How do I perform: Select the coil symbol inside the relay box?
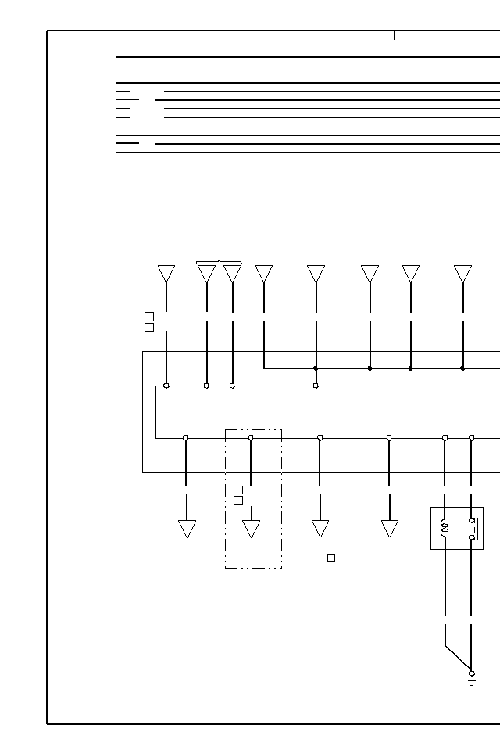pyautogui.click(x=445, y=527)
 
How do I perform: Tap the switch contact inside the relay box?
pyautogui.click(x=472, y=529)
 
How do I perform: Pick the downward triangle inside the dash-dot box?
pyautogui.click(x=251, y=529)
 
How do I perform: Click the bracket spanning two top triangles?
pyautogui.click(x=219, y=262)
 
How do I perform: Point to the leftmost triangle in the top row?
pyautogui.click(x=166, y=274)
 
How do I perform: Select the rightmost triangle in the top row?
pyautogui.click(x=462, y=274)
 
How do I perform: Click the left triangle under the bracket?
pyautogui.click(x=206, y=274)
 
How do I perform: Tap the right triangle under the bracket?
pyautogui.click(x=232, y=274)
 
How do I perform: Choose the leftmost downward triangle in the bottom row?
pyautogui.click(x=187, y=529)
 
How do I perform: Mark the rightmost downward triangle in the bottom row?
pyautogui.click(x=389, y=529)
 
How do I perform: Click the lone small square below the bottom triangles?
pyautogui.click(x=331, y=558)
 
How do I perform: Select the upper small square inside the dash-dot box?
pyautogui.click(x=238, y=490)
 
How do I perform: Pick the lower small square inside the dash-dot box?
pyautogui.click(x=238, y=501)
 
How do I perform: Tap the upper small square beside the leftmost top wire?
pyautogui.click(x=149, y=317)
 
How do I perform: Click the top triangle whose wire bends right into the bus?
pyautogui.click(x=264, y=274)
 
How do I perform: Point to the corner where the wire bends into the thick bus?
pyautogui.click(x=264, y=368)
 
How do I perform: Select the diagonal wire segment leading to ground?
pyautogui.click(x=458, y=659)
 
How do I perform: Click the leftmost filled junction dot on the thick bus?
pyautogui.click(x=316, y=368)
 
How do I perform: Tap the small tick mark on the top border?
pyautogui.click(x=395, y=35)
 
